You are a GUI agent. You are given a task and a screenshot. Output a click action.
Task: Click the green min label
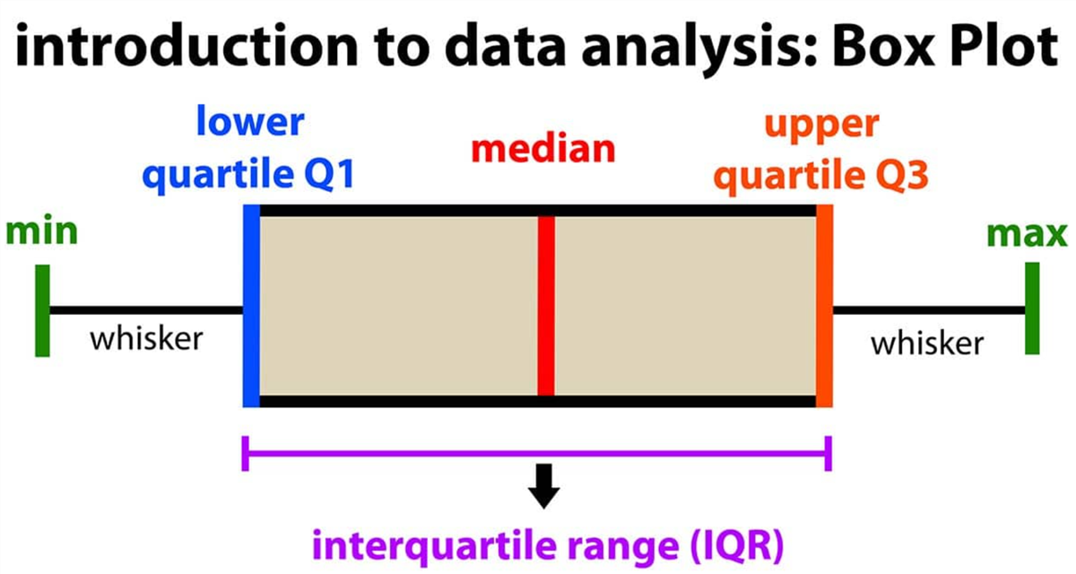(x=42, y=232)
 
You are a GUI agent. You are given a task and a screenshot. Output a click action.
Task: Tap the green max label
(x=1027, y=234)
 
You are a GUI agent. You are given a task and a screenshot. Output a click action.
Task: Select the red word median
(x=543, y=150)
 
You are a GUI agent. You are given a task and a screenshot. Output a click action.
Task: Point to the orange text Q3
(x=902, y=175)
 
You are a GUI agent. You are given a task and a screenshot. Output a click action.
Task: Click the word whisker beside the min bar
(x=146, y=338)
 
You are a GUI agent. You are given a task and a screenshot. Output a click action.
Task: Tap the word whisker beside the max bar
(x=927, y=343)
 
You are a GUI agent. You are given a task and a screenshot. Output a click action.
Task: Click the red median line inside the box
(x=546, y=306)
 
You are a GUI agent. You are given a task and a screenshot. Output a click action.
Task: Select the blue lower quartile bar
(x=251, y=306)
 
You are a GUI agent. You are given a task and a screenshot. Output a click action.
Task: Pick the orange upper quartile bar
(x=824, y=306)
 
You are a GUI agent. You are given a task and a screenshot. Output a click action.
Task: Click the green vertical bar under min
(x=42, y=311)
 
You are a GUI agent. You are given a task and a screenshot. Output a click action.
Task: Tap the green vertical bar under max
(x=1032, y=309)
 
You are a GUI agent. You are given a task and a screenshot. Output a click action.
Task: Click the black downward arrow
(x=543, y=486)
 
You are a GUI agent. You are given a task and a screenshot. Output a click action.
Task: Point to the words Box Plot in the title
(x=945, y=47)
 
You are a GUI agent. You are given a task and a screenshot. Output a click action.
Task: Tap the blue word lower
(x=250, y=121)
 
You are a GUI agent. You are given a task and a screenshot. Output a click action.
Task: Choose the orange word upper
(x=822, y=126)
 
